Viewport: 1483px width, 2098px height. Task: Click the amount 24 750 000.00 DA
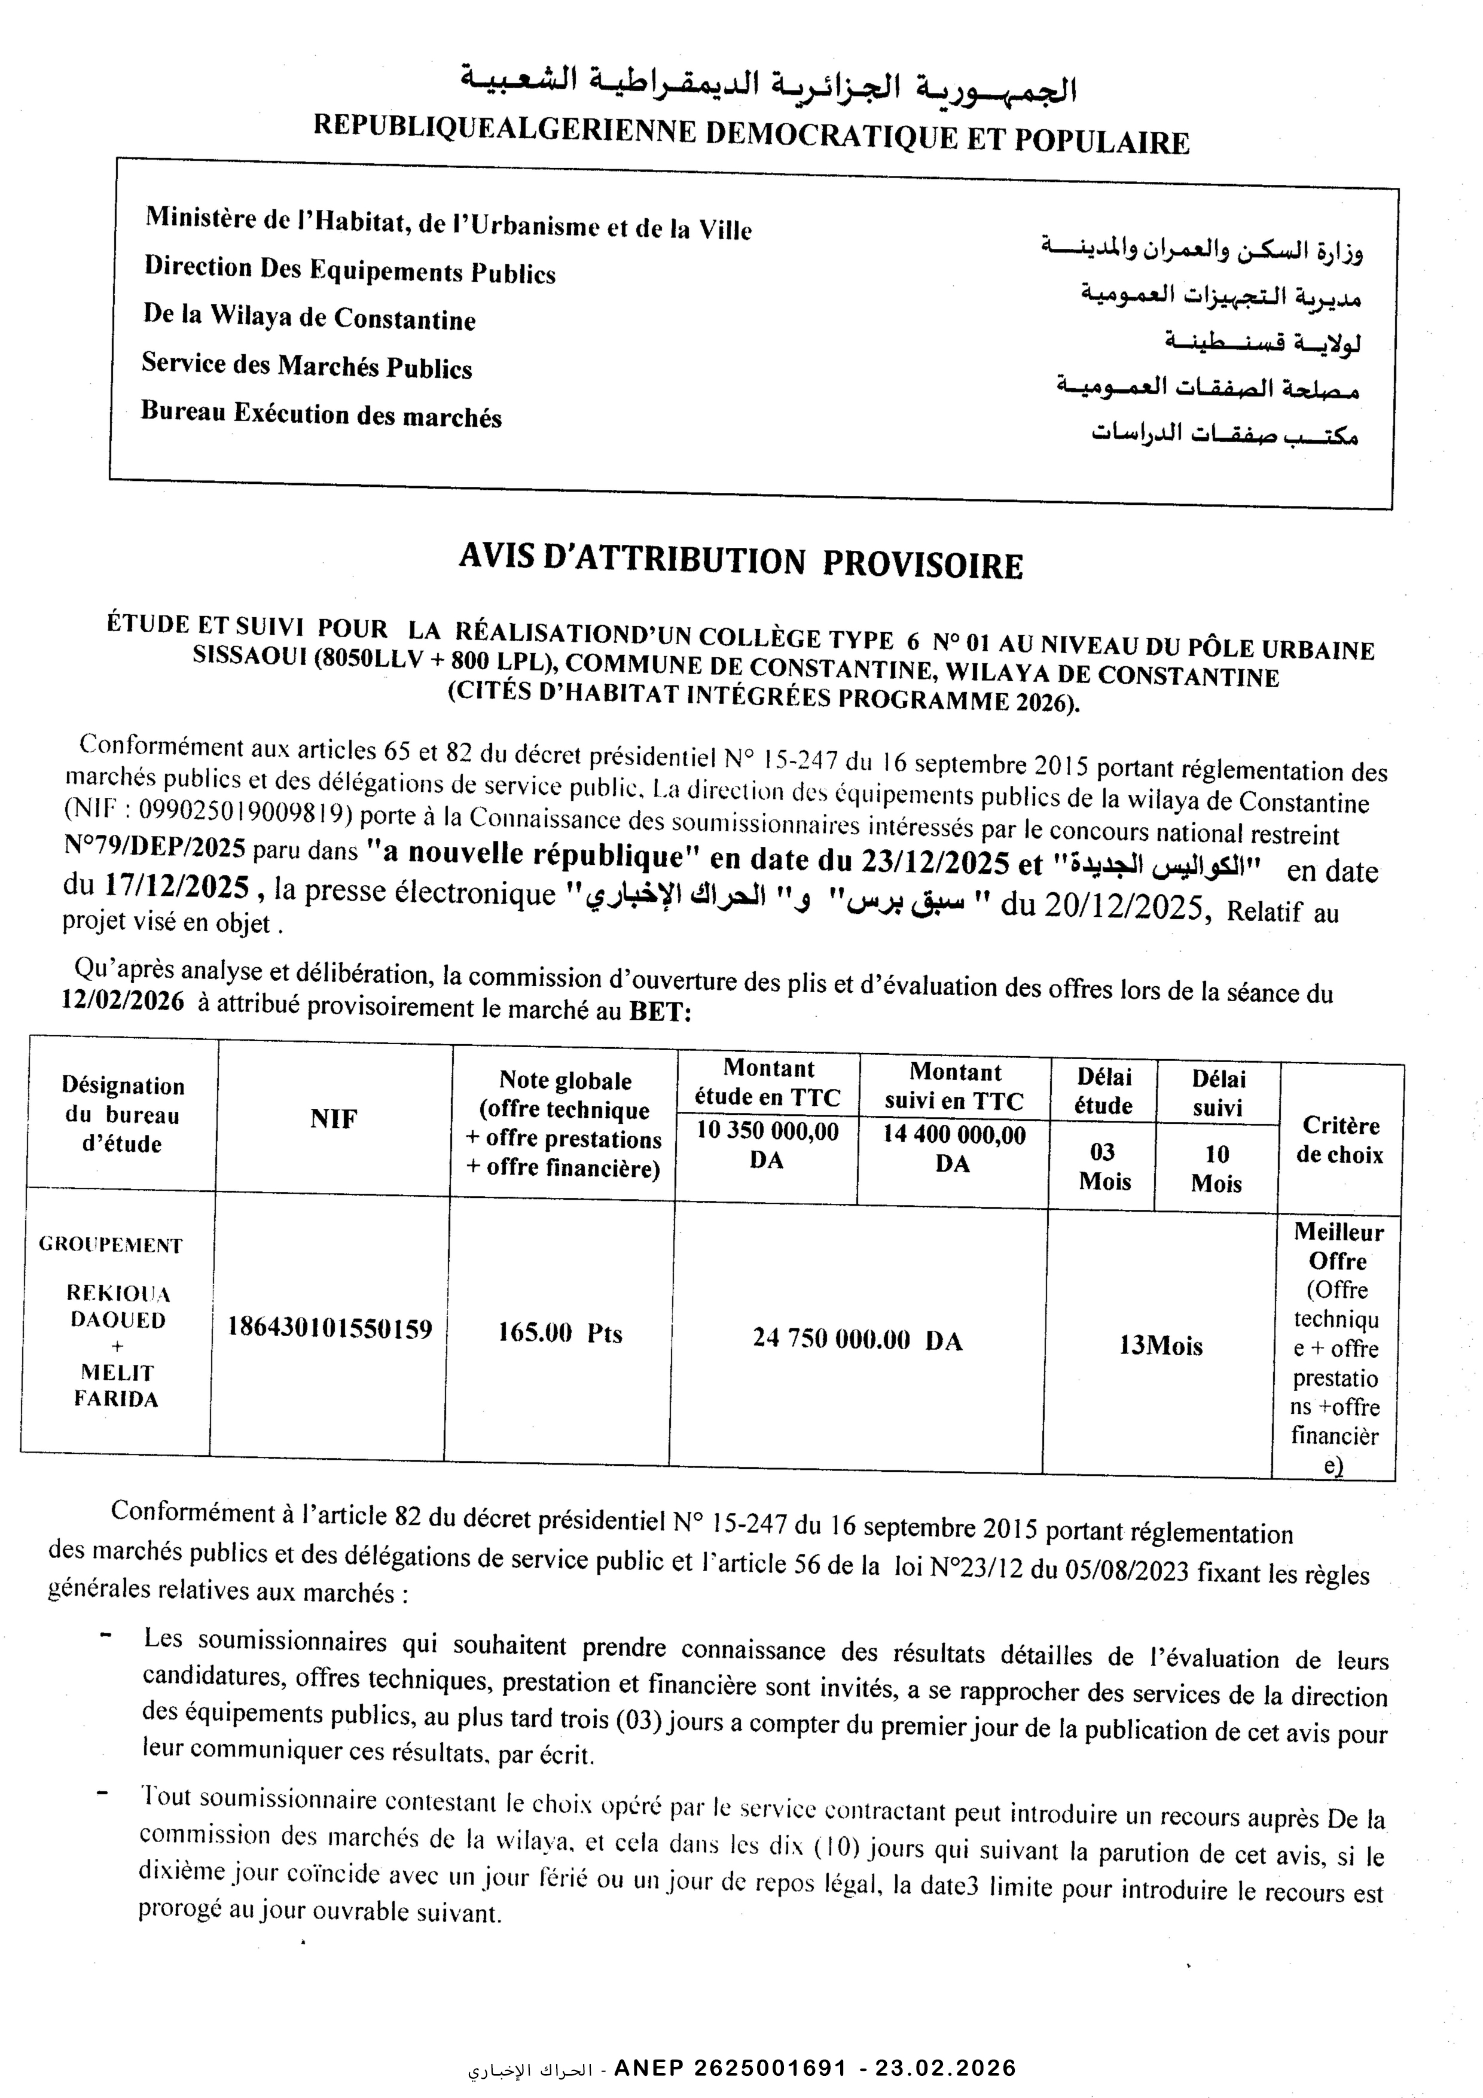coord(857,1340)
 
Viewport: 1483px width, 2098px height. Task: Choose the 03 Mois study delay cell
coord(1104,1166)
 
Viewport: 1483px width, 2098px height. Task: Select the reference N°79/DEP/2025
coord(155,847)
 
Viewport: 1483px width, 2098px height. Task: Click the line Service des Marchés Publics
coord(306,365)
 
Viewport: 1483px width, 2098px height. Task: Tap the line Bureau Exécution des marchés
coord(321,414)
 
